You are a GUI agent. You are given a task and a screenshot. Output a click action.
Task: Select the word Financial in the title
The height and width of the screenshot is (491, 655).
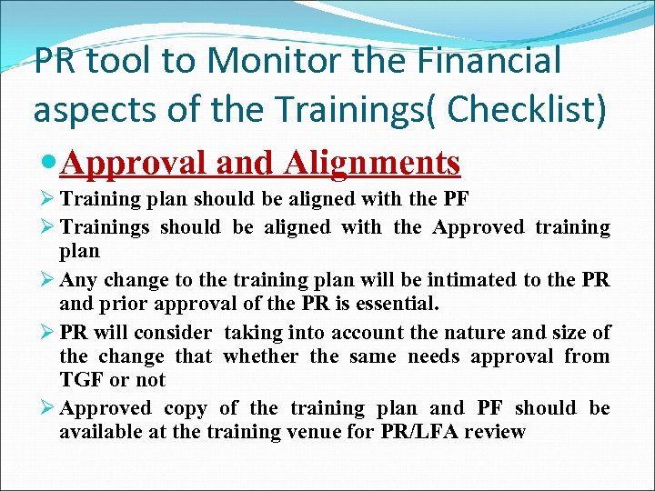coord(491,62)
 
